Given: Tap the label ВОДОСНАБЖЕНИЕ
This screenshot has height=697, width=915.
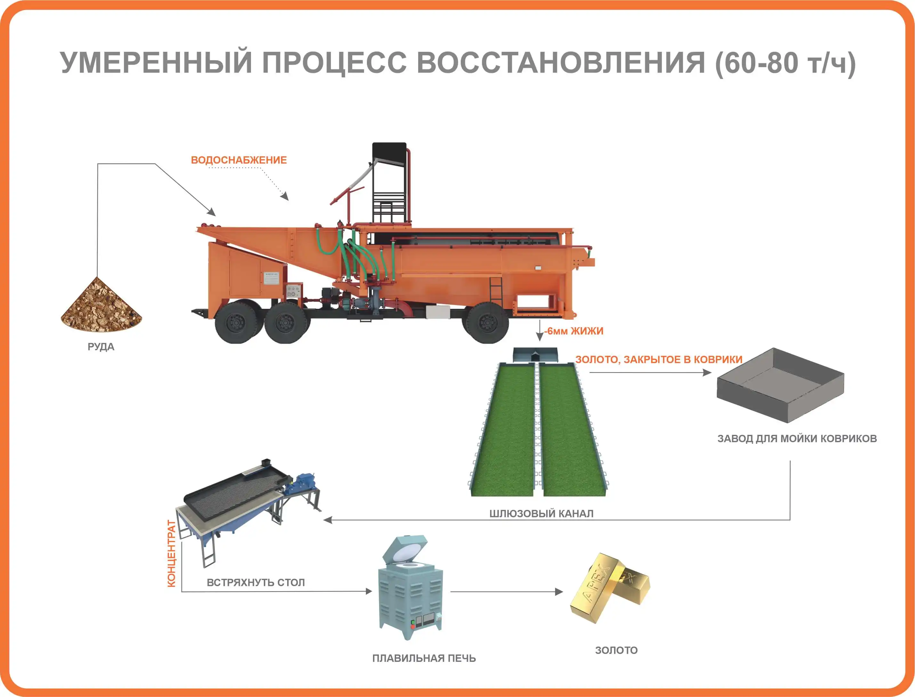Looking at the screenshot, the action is pos(239,160).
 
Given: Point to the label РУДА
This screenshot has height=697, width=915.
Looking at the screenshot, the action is pos(101,347).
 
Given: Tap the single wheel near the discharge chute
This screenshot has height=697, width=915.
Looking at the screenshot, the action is pos(486,322).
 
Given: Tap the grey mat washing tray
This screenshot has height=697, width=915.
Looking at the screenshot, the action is pos(781,385).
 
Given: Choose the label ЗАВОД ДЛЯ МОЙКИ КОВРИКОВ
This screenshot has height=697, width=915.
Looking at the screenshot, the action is pos(797,439).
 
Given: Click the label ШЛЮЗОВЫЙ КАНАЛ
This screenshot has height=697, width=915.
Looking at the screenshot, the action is pos(541,513).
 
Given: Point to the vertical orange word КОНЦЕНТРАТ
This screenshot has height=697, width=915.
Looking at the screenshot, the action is pos(171,553).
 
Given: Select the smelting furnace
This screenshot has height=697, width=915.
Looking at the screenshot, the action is pos(410,590).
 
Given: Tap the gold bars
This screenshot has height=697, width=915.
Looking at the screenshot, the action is pos(609,587).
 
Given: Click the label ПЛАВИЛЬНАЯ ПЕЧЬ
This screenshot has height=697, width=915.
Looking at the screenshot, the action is pos(424,658).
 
